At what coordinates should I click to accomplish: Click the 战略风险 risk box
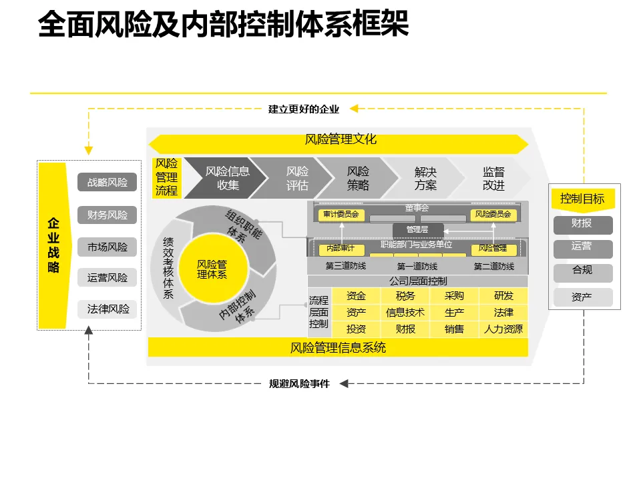[107, 182]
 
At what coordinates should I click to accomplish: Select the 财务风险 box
[107, 215]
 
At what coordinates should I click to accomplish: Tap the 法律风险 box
[107, 309]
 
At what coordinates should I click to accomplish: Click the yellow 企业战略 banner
[53, 245]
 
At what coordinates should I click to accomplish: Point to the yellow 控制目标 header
[582, 199]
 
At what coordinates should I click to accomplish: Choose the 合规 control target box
[582, 271]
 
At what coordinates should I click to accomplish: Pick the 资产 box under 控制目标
[582, 297]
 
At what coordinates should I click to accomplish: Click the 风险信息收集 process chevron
[226, 178]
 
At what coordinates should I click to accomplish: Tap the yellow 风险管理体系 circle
[212, 269]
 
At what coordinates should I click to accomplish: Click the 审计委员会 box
[341, 215]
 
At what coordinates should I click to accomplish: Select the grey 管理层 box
[417, 229]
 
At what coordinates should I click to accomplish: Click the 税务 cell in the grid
[405, 295]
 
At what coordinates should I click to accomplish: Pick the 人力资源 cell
[503, 329]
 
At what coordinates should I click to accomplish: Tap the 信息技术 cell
[405, 312]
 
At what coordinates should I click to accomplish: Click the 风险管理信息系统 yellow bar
[338, 347]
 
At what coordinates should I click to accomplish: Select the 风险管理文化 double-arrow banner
[339, 140]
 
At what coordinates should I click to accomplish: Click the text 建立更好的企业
[304, 109]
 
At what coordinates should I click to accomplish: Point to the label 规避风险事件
[299, 383]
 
